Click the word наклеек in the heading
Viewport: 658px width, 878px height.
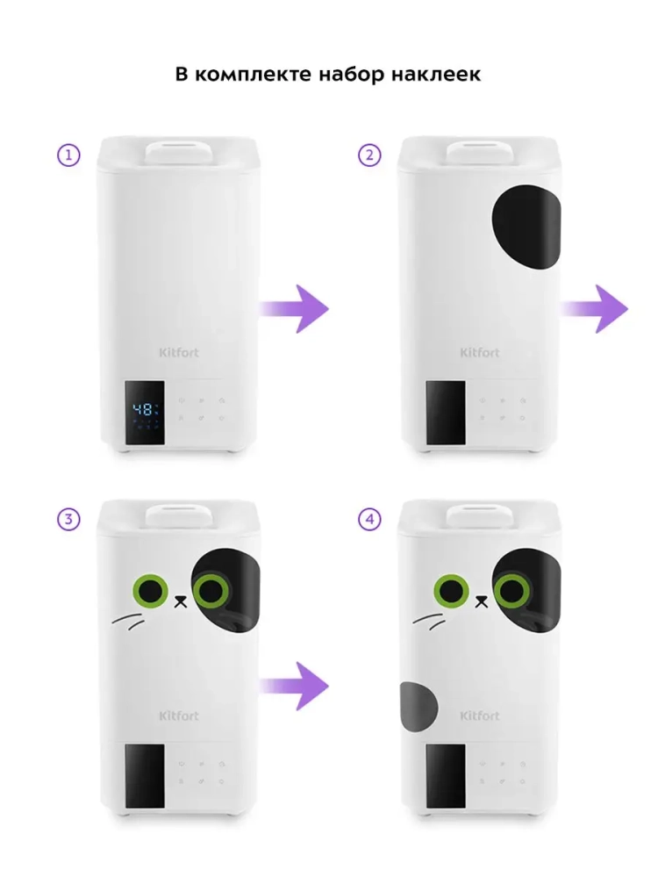click(436, 75)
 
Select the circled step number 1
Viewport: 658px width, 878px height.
click(68, 155)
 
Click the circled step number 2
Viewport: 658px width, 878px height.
click(369, 155)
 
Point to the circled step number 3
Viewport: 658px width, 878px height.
click(68, 519)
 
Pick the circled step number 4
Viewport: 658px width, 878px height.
click(369, 519)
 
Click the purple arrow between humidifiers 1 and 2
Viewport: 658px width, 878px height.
click(295, 309)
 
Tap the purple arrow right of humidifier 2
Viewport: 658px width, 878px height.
click(595, 309)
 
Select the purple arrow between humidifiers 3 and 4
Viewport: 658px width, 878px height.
click(295, 686)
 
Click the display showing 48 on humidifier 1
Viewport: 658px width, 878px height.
click(145, 414)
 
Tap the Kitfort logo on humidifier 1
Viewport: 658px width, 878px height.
click(178, 352)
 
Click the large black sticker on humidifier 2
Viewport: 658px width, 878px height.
click(526, 227)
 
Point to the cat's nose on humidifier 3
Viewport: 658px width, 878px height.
click(180, 602)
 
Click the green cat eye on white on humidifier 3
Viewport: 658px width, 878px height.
click(151, 590)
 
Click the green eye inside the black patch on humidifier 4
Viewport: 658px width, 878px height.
click(511, 590)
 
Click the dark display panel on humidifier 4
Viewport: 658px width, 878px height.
click(446, 775)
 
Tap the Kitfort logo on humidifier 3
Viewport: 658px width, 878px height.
click(178, 716)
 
